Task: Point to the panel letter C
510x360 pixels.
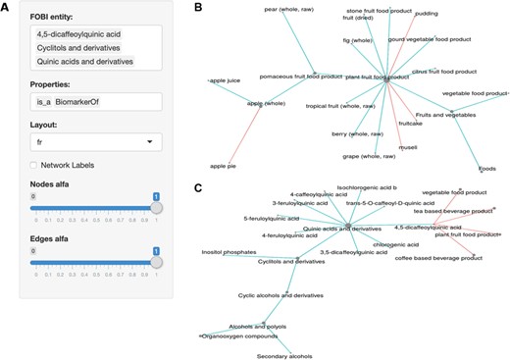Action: coord(197,188)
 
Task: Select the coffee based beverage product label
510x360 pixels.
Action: coord(438,257)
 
